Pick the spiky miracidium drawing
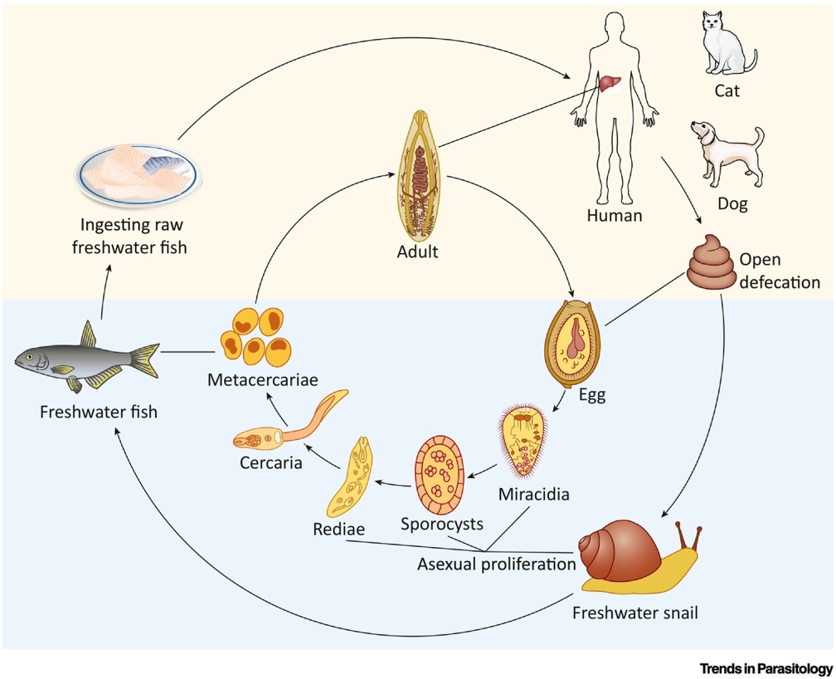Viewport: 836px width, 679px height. click(524, 440)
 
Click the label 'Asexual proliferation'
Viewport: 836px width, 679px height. click(496, 564)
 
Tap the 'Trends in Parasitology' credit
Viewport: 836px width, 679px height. click(766, 667)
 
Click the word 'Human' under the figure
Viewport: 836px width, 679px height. click(615, 216)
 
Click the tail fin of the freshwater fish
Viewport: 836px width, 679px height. click(144, 361)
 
